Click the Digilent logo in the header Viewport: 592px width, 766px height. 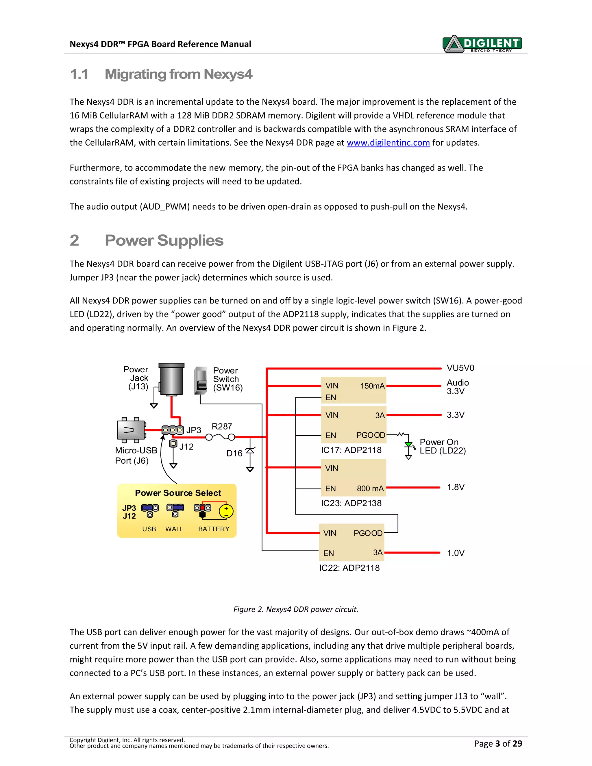[482, 44]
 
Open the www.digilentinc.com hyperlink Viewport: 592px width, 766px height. [388, 143]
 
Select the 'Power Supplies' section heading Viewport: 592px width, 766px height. [164, 240]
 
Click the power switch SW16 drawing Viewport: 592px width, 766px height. [201, 381]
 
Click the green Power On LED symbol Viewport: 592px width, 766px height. [408, 445]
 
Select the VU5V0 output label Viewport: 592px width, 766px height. [460, 368]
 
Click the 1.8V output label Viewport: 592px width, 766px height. [455, 487]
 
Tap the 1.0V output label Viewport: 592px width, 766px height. [455, 553]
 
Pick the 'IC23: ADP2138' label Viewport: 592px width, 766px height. [351, 503]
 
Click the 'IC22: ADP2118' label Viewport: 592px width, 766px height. [349, 568]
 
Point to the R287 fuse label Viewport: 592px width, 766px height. [222, 426]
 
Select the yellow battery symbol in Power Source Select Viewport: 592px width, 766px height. [226, 512]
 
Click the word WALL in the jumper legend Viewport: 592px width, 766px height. [174, 529]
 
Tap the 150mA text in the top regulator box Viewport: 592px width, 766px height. [372, 386]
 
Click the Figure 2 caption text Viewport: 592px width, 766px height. [296, 609]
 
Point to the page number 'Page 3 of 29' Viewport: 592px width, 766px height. [498, 743]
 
